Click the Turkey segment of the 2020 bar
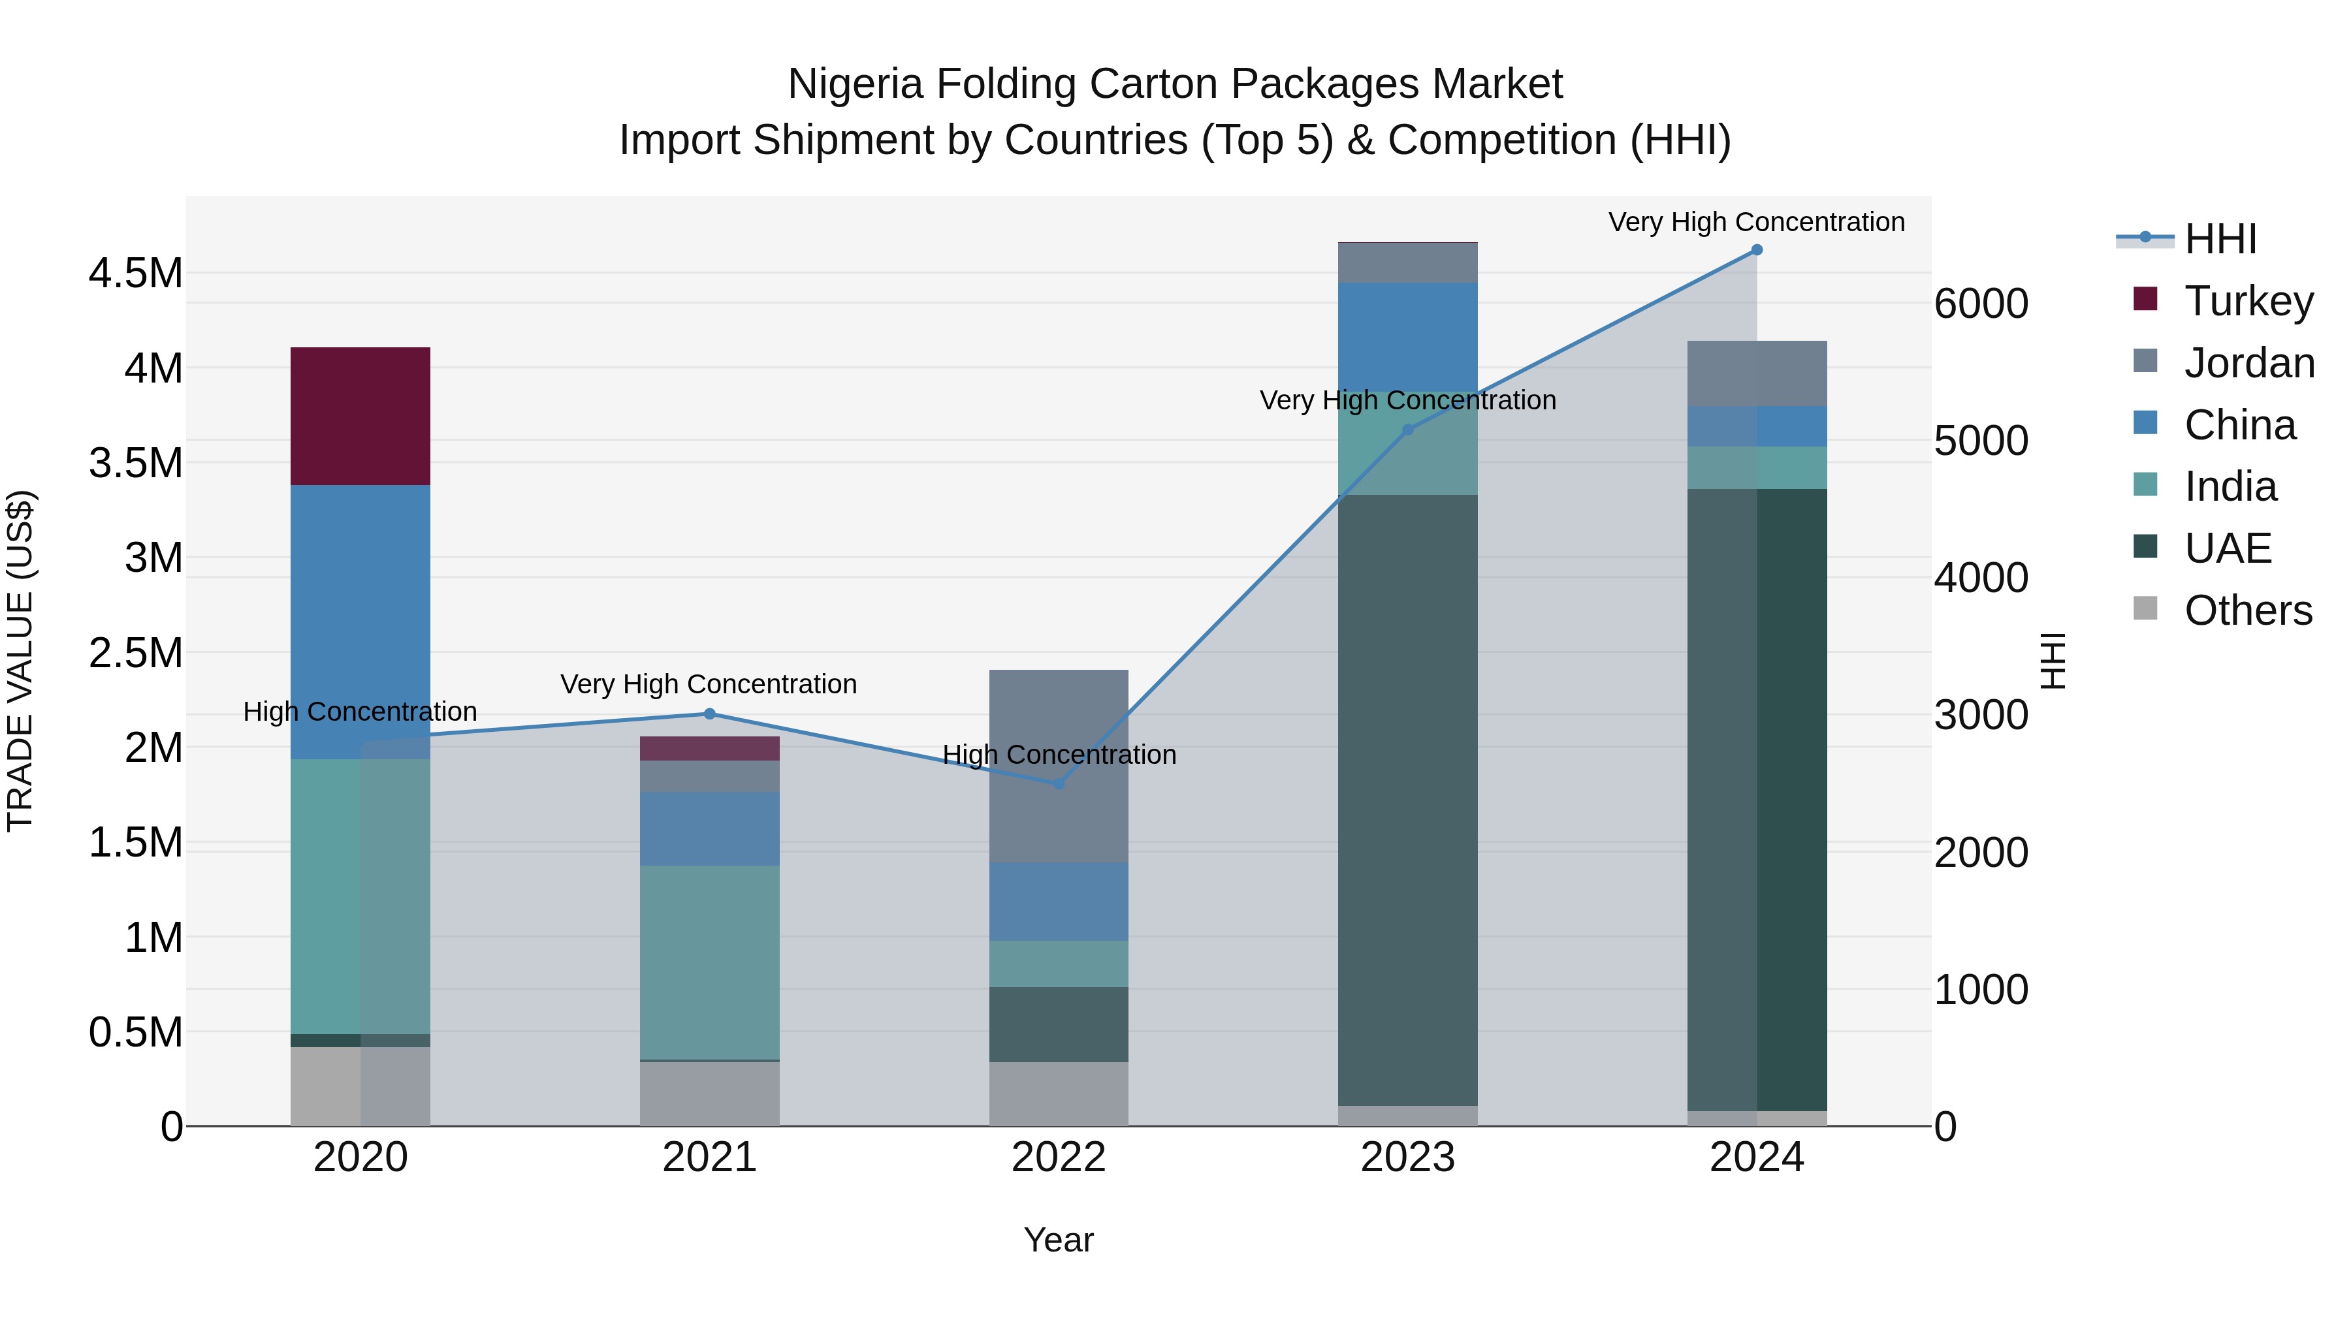coord(360,416)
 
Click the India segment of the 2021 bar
coord(709,962)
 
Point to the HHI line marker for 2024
coord(1757,250)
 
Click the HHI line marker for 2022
coord(1059,783)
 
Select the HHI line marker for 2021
coord(709,714)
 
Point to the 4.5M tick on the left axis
coord(135,274)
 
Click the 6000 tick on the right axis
coord(1981,304)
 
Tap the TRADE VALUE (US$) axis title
coord(20,661)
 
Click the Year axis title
coord(1059,1240)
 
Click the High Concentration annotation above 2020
coord(360,712)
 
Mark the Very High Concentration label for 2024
coord(1756,223)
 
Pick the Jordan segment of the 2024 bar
coord(1757,373)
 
